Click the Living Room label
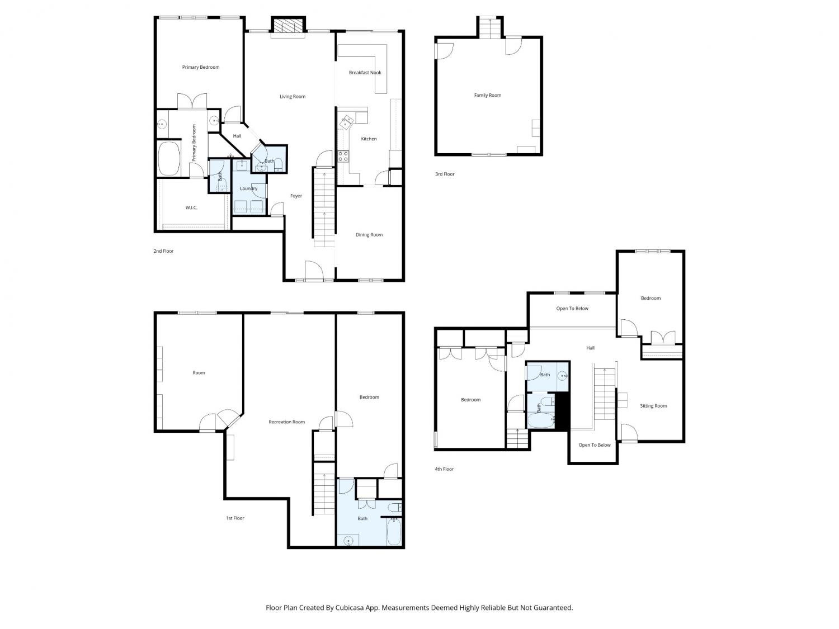point(293,97)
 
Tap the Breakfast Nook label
point(365,73)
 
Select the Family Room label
point(487,96)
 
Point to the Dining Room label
point(369,235)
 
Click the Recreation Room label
point(287,422)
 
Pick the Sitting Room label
point(653,406)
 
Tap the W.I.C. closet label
point(191,208)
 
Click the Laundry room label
point(248,188)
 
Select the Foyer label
point(296,196)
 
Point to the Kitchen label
point(369,139)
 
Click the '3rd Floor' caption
point(445,174)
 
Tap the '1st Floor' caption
point(235,518)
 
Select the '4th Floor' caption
point(444,469)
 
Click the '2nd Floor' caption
point(163,251)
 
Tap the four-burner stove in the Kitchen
point(343,156)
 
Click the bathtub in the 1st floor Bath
point(394,531)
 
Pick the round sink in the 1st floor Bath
point(348,541)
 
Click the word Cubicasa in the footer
point(350,608)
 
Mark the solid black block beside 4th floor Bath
point(562,412)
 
